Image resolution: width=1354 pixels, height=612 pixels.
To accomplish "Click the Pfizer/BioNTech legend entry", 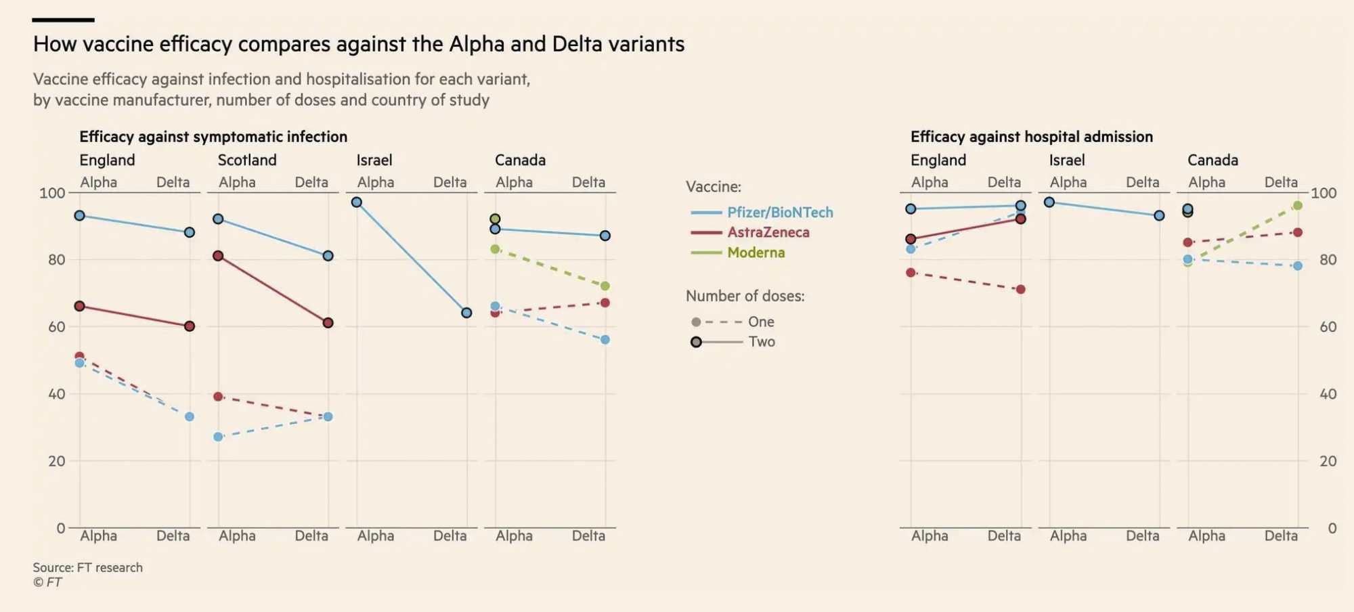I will pos(779,213).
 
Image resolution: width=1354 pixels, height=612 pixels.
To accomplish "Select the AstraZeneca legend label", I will pos(768,232).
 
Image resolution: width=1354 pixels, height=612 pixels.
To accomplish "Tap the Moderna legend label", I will pos(756,253).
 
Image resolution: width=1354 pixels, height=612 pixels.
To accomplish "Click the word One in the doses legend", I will pos(761,322).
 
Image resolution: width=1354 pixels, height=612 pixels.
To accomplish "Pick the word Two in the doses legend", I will pos(762,342).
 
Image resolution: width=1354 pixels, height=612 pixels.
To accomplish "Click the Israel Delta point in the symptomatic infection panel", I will pos(466,313).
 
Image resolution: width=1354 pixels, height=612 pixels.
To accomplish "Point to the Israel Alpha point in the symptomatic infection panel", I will pos(357,202).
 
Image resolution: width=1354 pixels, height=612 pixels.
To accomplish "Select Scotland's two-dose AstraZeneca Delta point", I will pos(328,323).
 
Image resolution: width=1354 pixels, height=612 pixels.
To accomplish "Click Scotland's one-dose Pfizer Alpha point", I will pos(218,437).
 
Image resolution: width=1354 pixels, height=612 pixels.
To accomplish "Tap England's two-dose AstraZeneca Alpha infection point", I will pos(80,306).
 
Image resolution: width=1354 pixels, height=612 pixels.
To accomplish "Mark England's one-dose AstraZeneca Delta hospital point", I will pos(1020,289).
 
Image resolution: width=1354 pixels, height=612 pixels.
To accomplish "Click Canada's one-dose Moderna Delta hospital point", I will pos(1297,205).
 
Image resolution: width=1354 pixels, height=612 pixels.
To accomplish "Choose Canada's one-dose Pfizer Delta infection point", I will pos(605,339).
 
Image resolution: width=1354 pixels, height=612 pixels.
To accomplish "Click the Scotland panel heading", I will pos(247,160).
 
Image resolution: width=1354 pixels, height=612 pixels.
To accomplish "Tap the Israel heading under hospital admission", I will pos(1067,160).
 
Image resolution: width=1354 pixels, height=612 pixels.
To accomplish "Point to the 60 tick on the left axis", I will pos(56,327).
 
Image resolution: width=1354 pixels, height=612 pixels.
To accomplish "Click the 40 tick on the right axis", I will pos(1328,394).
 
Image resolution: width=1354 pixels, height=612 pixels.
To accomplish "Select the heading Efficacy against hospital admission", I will pos(1031,137).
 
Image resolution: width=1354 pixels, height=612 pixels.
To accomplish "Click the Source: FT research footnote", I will pos(88,567).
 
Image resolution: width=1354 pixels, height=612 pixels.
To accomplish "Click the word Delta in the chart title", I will pos(577,44).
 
